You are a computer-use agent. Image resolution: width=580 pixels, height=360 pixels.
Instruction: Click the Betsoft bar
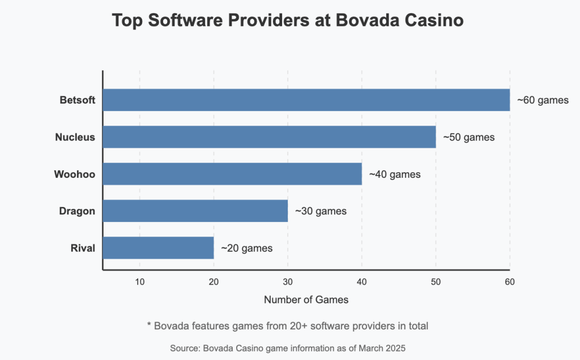tap(306, 100)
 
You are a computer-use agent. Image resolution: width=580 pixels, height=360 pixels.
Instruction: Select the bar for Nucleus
tap(269, 137)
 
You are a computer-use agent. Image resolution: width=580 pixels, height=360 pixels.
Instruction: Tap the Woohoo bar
tap(232, 174)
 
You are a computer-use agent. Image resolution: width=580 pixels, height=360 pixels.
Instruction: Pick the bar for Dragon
tap(195, 211)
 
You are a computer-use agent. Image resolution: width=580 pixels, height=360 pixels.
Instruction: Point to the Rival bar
tap(159, 248)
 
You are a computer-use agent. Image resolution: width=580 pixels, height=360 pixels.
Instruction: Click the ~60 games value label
tap(543, 100)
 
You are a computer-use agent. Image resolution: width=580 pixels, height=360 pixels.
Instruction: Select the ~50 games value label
tap(469, 137)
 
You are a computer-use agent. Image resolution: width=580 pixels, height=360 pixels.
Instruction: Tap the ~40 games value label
tap(395, 174)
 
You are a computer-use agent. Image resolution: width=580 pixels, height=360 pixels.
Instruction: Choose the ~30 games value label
tap(321, 211)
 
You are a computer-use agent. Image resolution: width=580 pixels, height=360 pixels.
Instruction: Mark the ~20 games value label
tap(247, 248)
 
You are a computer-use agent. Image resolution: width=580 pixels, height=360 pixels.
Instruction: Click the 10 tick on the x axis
tap(140, 282)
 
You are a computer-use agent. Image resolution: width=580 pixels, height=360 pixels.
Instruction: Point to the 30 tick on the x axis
tap(288, 282)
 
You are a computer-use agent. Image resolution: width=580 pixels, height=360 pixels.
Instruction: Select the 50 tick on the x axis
tap(436, 282)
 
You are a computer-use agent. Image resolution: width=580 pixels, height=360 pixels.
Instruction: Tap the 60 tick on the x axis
tap(510, 282)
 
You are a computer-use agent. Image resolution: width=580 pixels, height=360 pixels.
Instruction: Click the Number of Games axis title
tap(306, 299)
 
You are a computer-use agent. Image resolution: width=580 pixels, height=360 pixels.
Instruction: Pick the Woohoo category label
tap(75, 174)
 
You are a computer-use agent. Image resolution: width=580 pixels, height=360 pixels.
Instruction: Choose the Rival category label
tap(83, 248)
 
